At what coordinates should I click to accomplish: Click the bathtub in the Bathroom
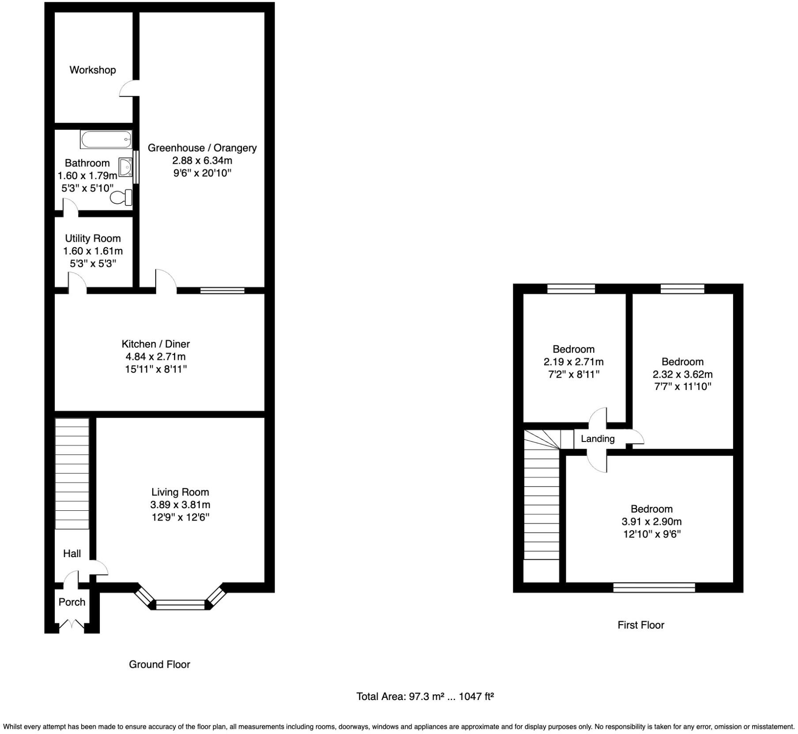pyautogui.click(x=106, y=139)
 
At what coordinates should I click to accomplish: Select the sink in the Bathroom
pyautogui.click(x=126, y=167)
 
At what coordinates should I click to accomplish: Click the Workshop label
pyautogui.click(x=93, y=70)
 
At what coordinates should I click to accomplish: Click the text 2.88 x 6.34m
pyautogui.click(x=202, y=160)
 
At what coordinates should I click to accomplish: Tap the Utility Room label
pyautogui.click(x=93, y=238)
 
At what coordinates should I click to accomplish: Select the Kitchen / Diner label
pyautogui.click(x=155, y=344)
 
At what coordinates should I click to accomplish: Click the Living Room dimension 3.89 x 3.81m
pyautogui.click(x=180, y=504)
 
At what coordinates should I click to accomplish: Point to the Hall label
pyautogui.click(x=72, y=553)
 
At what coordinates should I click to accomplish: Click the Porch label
pyautogui.click(x=72, y=602)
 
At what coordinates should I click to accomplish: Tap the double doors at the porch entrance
pyautogui.click(x=72, y=624)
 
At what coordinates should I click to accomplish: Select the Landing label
pyautogui.click(x=598, y=438)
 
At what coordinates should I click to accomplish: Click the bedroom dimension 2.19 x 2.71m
pyautogui.click(x=573, y=362)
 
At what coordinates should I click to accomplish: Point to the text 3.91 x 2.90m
pyautogui.click(x=651, y=521)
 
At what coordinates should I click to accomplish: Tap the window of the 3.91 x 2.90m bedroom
pyautogui.click(x=654, y=587)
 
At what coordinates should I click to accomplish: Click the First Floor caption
pyautogui.click(x=640, y=625)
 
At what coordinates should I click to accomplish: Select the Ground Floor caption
pyautogui.click(x=159, y=664)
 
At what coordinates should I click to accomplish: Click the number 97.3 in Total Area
pyautogui.click(x=419, y=697)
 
